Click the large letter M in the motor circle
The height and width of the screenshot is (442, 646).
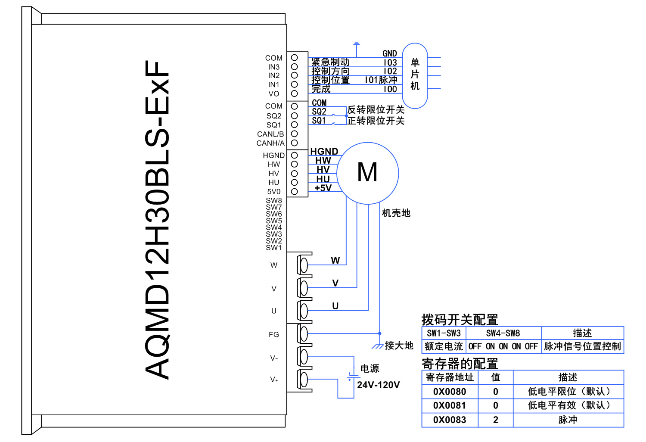coord(367,172)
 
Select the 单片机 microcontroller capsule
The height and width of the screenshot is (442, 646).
coord(415,75)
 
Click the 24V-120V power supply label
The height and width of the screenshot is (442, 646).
coord(378,385)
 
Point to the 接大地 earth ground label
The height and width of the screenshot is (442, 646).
coord(399,346)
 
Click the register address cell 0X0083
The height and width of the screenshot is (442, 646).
coord(450,420)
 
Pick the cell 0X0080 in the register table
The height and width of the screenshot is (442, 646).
coord(450,392)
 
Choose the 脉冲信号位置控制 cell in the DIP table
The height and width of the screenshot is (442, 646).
coord(582,346)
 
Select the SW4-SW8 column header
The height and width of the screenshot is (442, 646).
coord(503,333)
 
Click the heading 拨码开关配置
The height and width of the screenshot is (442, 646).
coord(460,320)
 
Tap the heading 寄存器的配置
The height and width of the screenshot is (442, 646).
coord(460,364)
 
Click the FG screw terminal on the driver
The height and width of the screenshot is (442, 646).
coord(304,334)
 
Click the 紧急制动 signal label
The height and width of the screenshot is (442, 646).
coord(330,62)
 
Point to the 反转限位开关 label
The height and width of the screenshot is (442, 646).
coord(376,110)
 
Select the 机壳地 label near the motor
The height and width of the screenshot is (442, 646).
coord(396,213)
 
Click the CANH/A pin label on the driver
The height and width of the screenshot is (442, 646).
coord(270,143)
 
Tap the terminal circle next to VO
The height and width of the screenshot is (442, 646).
coord(295,93)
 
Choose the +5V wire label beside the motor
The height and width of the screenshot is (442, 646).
coord(323,188)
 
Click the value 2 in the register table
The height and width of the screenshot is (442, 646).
coord(496,420)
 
